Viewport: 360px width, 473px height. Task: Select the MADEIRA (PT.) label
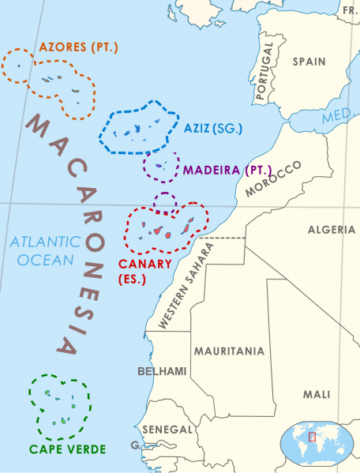[x=227, y=170]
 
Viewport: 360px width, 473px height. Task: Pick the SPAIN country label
[x=309, y=61]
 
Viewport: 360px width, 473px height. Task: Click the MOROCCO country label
[x=273, y=179]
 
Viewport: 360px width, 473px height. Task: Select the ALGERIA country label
[x=332, y=229]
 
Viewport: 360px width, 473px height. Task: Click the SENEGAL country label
[x=167, y=430]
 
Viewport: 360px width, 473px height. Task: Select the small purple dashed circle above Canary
[x=164, y=202]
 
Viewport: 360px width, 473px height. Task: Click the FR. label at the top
[x=350, y=9]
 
